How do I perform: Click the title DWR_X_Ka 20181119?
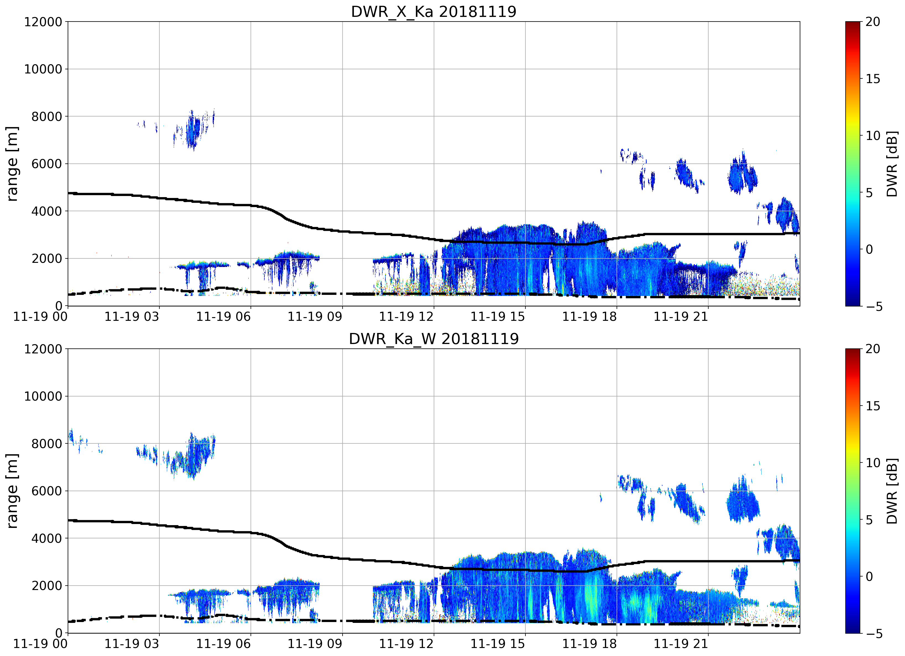tap(434, 12)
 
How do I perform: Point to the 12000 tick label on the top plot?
tap(43, 22)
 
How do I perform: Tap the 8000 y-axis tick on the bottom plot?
tap(47, 443)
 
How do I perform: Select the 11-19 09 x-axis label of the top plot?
tap(315, 317)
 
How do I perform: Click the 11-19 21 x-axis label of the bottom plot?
tap(681, 644)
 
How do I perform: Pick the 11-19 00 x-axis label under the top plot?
tap(40, 317)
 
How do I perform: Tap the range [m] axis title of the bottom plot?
tap(12, 491)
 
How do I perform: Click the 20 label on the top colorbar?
tap(873, 22)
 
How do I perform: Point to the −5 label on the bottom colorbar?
tap(872, 634)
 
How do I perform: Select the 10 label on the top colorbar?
tap(873, 136)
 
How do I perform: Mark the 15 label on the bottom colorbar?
tap(873, 406)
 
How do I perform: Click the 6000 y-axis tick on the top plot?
tap(47, 164)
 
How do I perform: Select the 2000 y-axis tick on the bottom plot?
tap(47, 586)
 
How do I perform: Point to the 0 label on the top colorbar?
tap(869, 250)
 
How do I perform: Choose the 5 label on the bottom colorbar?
tap(869, 520)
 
